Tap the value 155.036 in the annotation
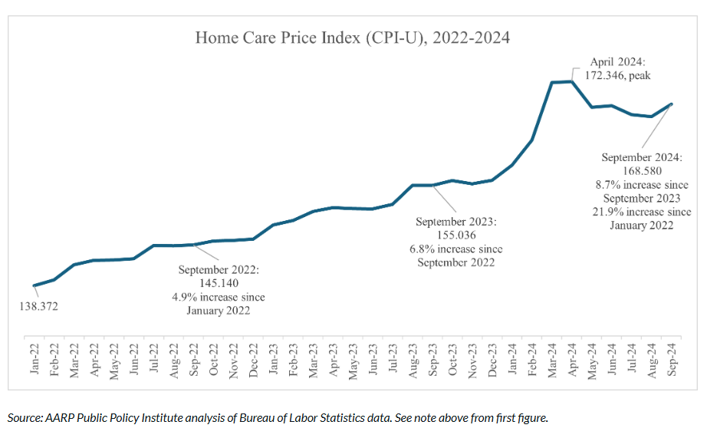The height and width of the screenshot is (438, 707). (x=455, y=235)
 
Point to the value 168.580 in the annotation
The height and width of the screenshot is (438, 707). (x=642, y=171)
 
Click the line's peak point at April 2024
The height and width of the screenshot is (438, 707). (x=572, y=81)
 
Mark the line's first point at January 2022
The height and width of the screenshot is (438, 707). (x=35, y=285)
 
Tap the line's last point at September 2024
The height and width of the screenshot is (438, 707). (x=672, y=104)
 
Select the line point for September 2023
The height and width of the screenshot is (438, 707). (x=433, y=185)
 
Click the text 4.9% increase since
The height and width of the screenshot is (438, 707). (x=219, y=298)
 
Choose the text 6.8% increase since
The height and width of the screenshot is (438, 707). (x=455, y=249)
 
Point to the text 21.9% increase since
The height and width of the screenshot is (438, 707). (x=642, y=212)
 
